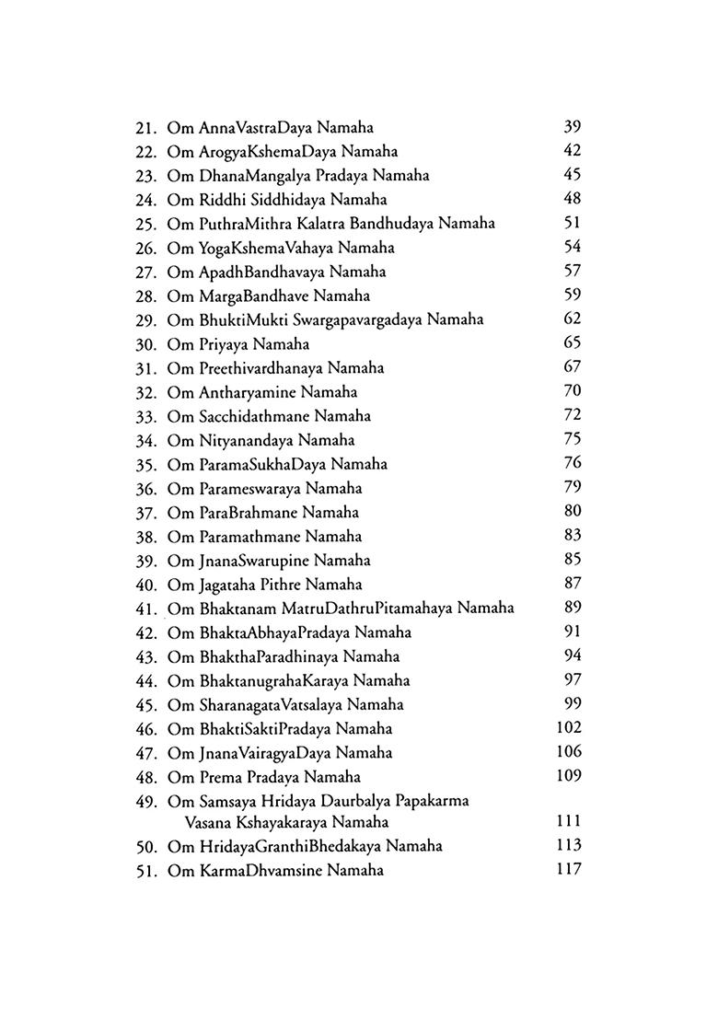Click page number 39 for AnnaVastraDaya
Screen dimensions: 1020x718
coord(572,127)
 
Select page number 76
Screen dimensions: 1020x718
coord(572,463)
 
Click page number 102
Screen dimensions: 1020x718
coord(569,728)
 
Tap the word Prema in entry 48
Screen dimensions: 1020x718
coord(220,777)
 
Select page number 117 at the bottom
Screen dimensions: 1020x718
coord(569,869)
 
